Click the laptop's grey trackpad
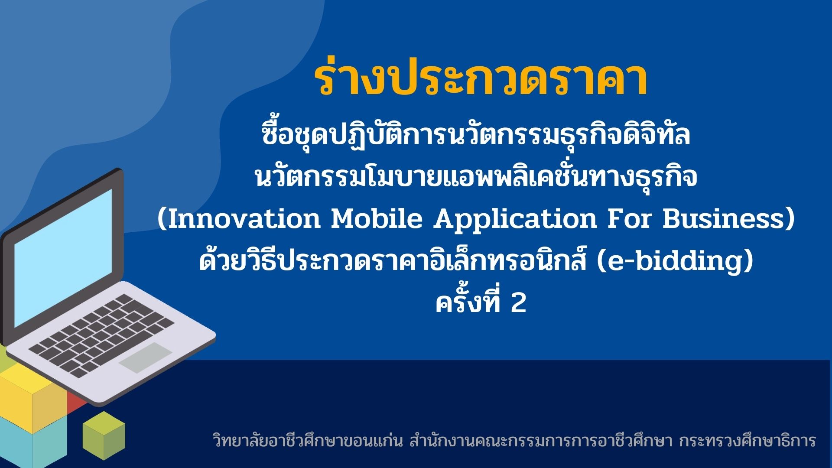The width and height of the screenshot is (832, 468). [x=146, y=357]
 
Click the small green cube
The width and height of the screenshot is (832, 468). [x=104, y=435]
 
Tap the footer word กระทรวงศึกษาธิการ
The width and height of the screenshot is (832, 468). [x=747, y=441]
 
